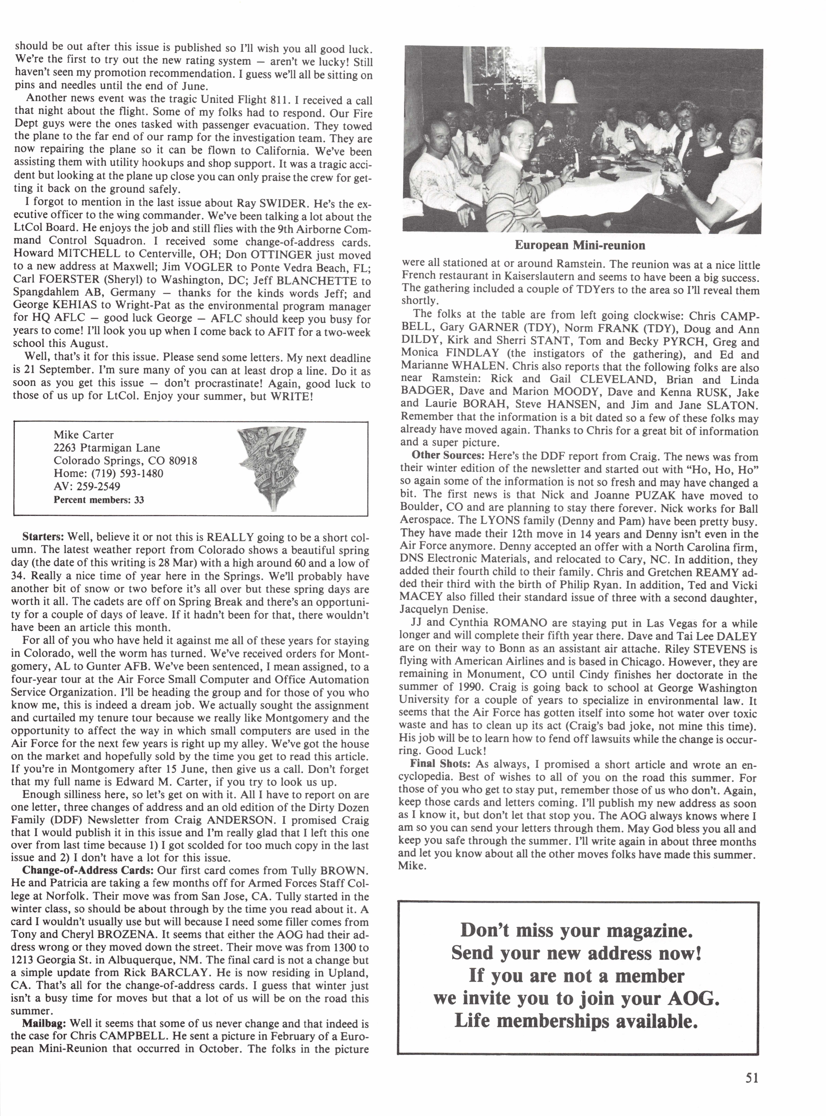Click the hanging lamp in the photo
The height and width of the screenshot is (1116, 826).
click(564, 90)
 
